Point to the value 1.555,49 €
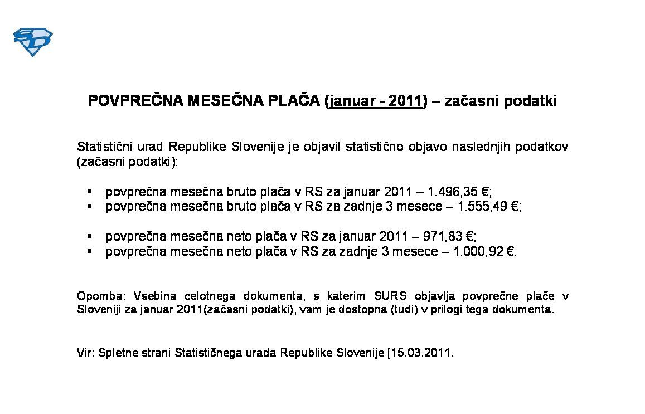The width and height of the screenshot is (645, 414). click(x=488, y=206)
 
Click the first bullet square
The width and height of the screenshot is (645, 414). click(x=89, y=192)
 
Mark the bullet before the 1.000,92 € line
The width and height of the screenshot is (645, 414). click(x=89, y=251)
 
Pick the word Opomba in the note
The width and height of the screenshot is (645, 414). click(x=95, y=295)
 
